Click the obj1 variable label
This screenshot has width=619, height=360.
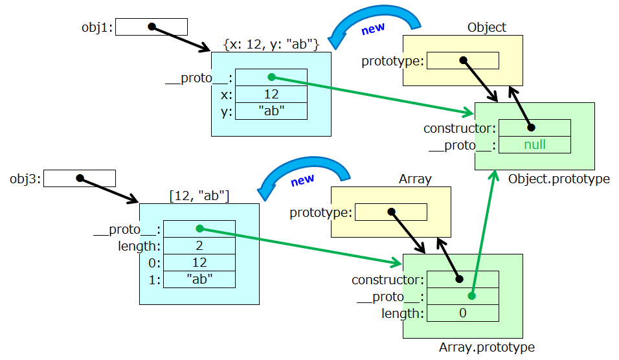pyautogui.click(x=97, y=27)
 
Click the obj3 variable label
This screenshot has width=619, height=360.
pyautogui.click(x=25, y=178)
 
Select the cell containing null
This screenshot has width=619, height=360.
pyautogui.click(x=535, y=145)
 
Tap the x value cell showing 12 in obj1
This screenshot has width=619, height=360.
pyautogui.click(x=271, y=95)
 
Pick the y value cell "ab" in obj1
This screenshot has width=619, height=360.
pyautogui.click(x=271, y=111)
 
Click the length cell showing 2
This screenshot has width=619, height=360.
pyautogui.click(x=199, y=246)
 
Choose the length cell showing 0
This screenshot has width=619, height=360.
pyautogui.click(x=463, y=313)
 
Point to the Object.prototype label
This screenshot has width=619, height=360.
pyautogui.click(x=559, y=179)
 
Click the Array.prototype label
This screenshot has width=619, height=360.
pyautogui.click(x=486, y=348)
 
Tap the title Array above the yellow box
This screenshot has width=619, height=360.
pyautogui.click(x=415, y=179)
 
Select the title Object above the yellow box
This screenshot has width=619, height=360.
pyautogui.click(x=486, y=27)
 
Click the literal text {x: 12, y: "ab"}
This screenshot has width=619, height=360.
pyautogui.click(x=271, y=44)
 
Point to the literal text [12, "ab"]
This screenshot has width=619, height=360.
pyautogui.click(x=199, y=196)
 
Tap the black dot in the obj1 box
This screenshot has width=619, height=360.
pyautogui.click(x=152, y=27)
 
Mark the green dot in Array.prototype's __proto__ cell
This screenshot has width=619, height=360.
pyautogui.click(x=472, y=296)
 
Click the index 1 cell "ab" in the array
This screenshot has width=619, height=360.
pyautogui.click(x=199, y=279)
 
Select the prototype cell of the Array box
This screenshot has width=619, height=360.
pyautogui.click(x=391, y=212)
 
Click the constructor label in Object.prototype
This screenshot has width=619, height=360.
pyautogui.click(x=459, y=128)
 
